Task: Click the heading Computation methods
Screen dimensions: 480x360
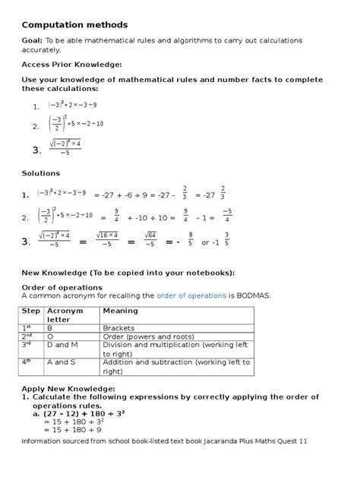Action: pos(74,25)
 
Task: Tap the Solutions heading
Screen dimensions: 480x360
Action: pos(40,173)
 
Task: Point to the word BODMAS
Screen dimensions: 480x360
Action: pos(252,295)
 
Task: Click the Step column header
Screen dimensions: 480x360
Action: pos(31,311)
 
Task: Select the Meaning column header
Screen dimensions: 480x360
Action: pos(121,311)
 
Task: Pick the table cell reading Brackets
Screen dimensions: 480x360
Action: pos(118,328)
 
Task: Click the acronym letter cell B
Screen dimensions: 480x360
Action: pos(49,328)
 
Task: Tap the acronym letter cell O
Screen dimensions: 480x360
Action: pos(49,336)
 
